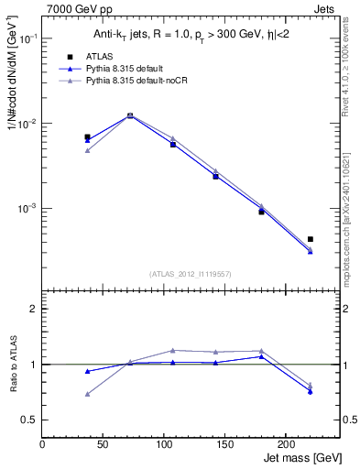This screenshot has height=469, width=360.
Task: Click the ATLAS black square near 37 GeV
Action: point(87,137)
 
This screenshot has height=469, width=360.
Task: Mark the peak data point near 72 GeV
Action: point(130,115)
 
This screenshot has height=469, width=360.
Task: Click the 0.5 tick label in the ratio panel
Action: point(30,420)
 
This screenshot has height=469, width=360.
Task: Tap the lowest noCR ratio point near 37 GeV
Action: point(87,394)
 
